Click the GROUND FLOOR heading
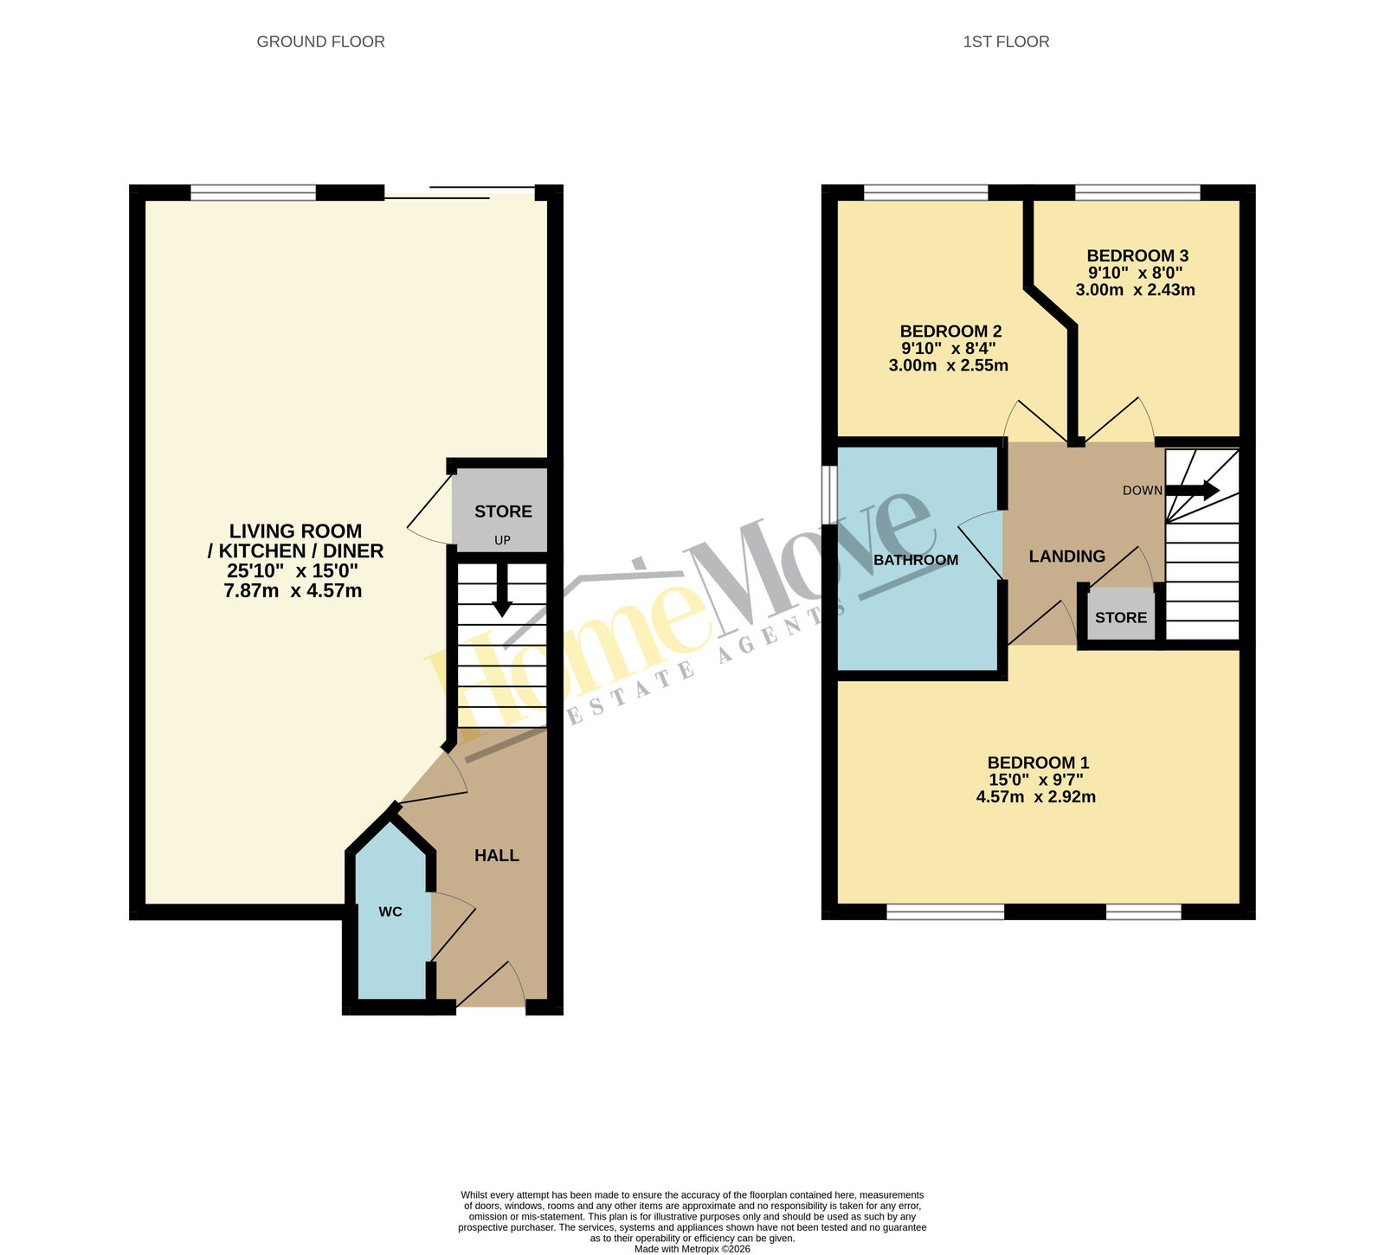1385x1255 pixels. [320, 42]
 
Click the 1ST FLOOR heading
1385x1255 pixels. [1006, 42]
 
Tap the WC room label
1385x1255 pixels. [390, 911]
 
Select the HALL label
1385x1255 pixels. [497, 855]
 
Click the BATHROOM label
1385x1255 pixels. [916, 560]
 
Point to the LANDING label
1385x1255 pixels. [1067, 557]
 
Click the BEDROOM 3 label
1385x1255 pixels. [1137, 255]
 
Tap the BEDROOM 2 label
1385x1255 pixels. [950, 331]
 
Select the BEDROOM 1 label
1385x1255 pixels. [1038, 763]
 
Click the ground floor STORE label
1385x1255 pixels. [503, 512]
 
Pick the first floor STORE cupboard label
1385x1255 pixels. [1121, 617]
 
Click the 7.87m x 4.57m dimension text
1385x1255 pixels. [293, 591]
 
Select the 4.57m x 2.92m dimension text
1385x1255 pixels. [1036, 797]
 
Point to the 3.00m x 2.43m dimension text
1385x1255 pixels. [1136, 290]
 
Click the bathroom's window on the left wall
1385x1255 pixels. [829, 496]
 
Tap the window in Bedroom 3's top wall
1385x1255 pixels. [1137, 193]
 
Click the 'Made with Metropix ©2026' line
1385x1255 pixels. [692, 1249]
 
